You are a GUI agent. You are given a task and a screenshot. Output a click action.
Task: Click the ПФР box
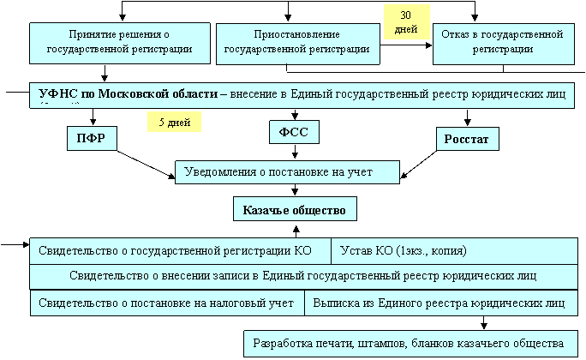point(92,138)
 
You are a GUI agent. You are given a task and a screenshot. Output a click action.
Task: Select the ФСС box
point(294,132)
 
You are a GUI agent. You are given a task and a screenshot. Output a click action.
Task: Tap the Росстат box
point(468,139)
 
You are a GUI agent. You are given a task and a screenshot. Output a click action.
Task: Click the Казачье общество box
point(295,209)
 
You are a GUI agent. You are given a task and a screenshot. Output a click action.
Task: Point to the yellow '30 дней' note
point(407,22)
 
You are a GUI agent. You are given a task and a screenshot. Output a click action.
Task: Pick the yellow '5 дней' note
point(174,122)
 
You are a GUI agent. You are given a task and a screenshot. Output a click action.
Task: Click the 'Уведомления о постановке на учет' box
point(287,172)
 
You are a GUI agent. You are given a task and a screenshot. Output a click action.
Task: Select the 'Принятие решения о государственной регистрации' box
point(120,43)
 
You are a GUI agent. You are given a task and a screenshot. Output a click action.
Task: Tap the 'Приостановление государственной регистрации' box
point(298,44)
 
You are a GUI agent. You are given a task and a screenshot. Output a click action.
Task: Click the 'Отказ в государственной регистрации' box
point(504,44)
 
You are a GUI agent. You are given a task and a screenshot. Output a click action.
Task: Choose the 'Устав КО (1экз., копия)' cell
point(454,251)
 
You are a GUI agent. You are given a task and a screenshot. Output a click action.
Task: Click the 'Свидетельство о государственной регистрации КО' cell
point(180,251)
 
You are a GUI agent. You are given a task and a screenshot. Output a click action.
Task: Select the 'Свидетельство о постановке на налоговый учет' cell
point(167,303)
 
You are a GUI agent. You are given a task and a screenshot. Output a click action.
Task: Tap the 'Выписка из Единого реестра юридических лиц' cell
point(441,303)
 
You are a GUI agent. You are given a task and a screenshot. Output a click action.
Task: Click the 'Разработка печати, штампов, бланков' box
point(410,344)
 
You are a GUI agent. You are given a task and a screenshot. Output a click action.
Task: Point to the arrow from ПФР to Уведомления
point(146,165)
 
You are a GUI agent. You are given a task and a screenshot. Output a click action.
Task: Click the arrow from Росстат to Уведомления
point(418,165)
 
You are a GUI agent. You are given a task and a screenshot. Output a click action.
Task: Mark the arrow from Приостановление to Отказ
point(406,45)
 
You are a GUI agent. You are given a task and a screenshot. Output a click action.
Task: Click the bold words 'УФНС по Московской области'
point(129,93)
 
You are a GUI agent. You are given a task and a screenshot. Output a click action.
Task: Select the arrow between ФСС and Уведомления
point(295,152)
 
